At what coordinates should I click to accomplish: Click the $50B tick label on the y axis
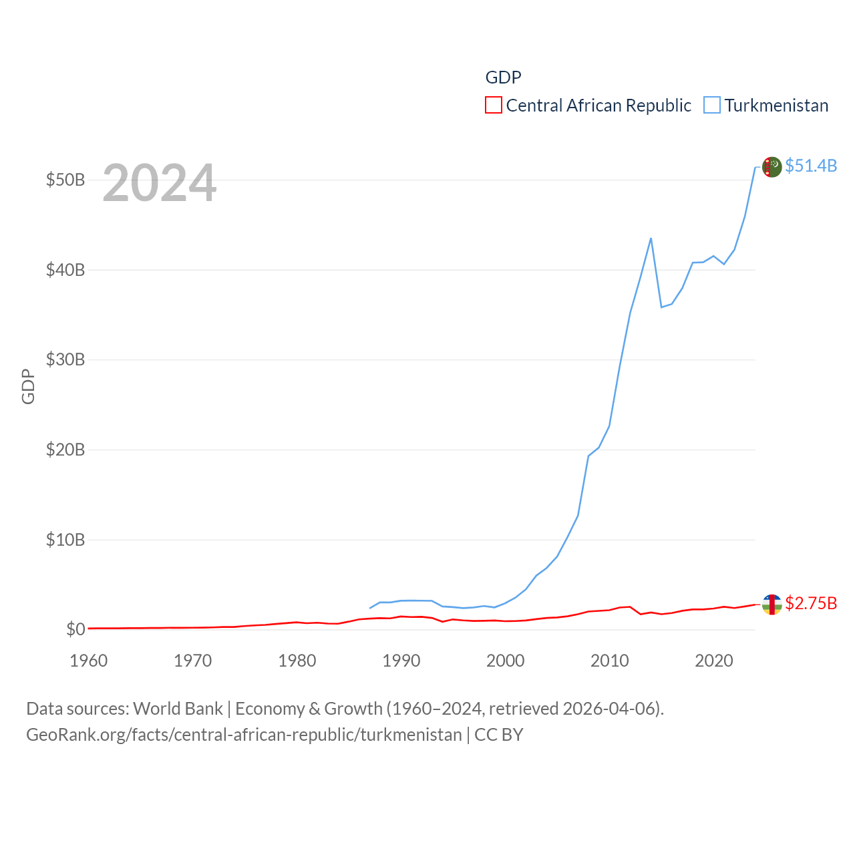coord(65,180)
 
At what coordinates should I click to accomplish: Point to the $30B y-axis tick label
coord(65,360)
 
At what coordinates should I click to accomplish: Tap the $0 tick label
coord(75,630)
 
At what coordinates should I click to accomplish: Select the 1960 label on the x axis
coord(89,661)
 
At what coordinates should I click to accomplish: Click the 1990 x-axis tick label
coord(401,661)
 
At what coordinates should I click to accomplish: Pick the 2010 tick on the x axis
coord(609,661)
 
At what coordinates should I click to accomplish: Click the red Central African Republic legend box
coord(494,106)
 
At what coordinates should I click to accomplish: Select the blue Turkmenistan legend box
coord(712,106)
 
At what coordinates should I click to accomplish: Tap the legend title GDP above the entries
coord(503,77)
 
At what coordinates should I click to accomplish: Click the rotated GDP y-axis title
coord(28,386)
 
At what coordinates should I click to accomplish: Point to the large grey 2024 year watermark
coord(159,182)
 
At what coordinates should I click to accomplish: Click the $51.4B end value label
coord(811,166)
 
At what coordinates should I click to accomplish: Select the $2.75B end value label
coord(811,603)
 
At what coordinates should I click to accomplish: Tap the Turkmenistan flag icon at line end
coord(772,167)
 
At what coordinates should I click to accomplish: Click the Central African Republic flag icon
coord(772,605)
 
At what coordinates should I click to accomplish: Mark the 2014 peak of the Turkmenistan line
coord(651,238)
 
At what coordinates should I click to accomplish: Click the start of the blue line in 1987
coord(370,608)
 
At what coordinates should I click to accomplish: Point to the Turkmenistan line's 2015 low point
coord(661,307)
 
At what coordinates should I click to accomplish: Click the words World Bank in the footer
coord(178,709)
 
